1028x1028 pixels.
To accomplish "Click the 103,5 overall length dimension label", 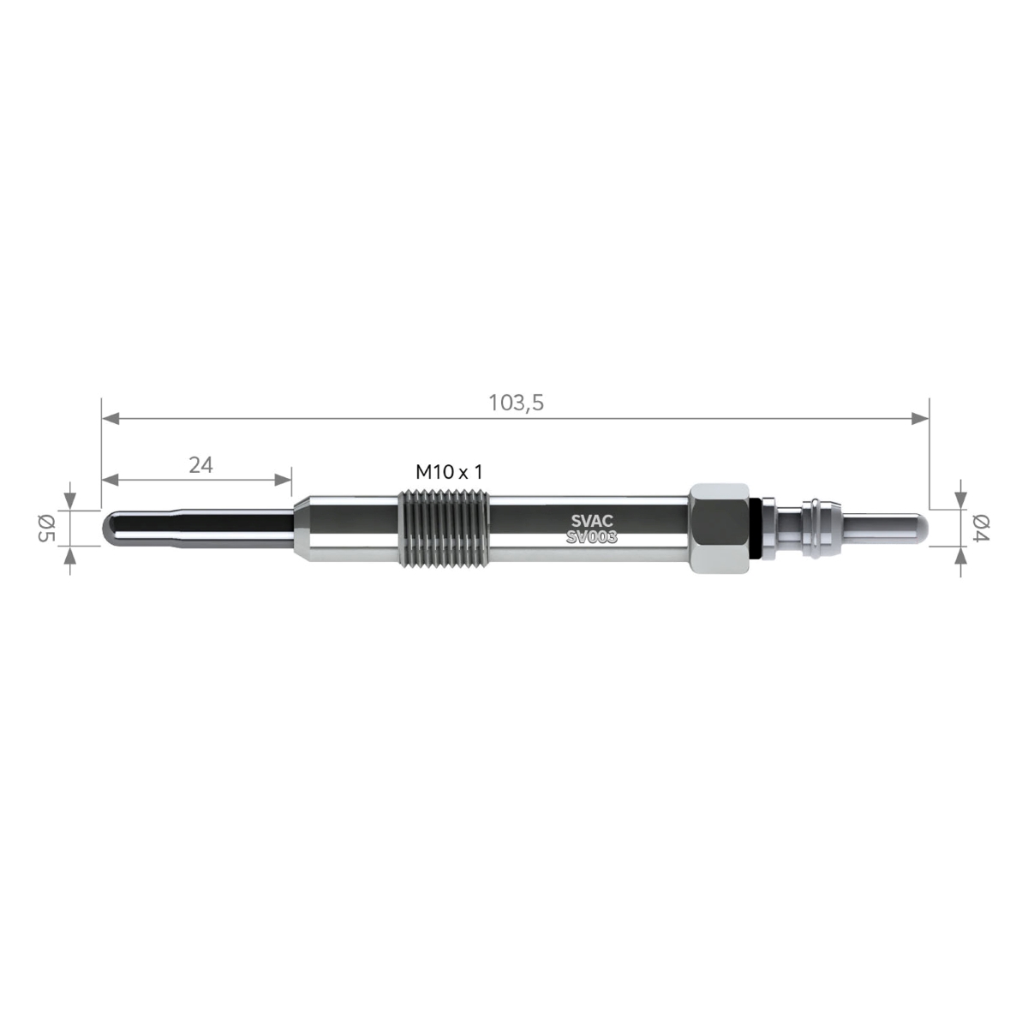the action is click(x=516, y=403).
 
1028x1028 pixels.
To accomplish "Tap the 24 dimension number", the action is click(x=200, y=465).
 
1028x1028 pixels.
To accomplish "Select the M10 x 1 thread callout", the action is click(x=449, y=471).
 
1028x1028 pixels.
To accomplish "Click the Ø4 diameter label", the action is click(x=981, y=529).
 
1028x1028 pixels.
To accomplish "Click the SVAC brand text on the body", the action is click(x=592, y=521).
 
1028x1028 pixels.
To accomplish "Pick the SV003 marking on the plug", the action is click(x=592, y=537).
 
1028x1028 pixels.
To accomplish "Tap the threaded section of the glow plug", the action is click(x=444, y=529).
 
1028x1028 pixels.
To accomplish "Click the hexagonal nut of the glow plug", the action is click(x=720, y=529).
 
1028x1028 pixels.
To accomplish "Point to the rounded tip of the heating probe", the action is click(x=109, y=529).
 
